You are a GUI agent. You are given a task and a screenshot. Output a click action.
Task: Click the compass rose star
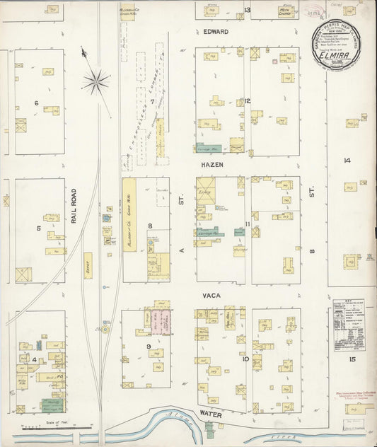point(96,81)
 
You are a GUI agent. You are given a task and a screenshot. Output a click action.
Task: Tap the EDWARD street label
point(216,33)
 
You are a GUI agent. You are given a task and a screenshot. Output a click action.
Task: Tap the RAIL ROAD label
point(74,206)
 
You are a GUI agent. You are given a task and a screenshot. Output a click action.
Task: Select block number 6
point(35,103)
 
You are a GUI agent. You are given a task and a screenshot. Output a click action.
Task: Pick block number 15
point(351,360)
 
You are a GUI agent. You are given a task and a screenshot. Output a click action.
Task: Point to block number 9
point(149,346)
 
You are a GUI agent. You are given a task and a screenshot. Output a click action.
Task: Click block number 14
point(347,161)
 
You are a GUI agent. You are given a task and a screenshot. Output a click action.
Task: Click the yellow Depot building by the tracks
point(88,265)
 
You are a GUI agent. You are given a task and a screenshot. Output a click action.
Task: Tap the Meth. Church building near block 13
point(286,12)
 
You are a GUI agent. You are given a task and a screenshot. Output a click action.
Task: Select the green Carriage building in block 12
point(208,149)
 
